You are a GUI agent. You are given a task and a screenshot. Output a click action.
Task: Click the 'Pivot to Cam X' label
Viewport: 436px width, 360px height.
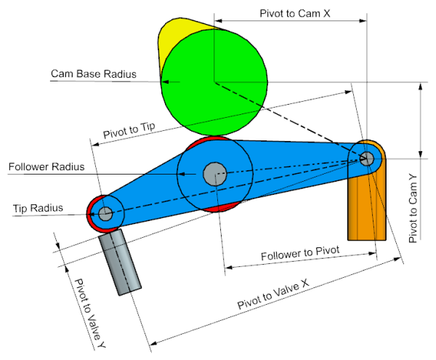coord(290,14)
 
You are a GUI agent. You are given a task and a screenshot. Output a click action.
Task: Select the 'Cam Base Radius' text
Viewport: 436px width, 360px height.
coord(94,73)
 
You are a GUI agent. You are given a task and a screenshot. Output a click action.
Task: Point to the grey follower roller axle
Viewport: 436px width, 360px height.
coord(214,174)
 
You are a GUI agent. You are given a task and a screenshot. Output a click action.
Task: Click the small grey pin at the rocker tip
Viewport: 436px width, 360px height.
coord(105,213)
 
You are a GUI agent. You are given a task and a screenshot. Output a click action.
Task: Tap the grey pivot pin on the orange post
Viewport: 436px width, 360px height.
coord(367,157)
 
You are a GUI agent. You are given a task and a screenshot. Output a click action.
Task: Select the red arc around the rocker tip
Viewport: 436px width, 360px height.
coord(92,215)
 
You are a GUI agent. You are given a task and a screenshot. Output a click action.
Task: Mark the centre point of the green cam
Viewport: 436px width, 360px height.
coord(214,81)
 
